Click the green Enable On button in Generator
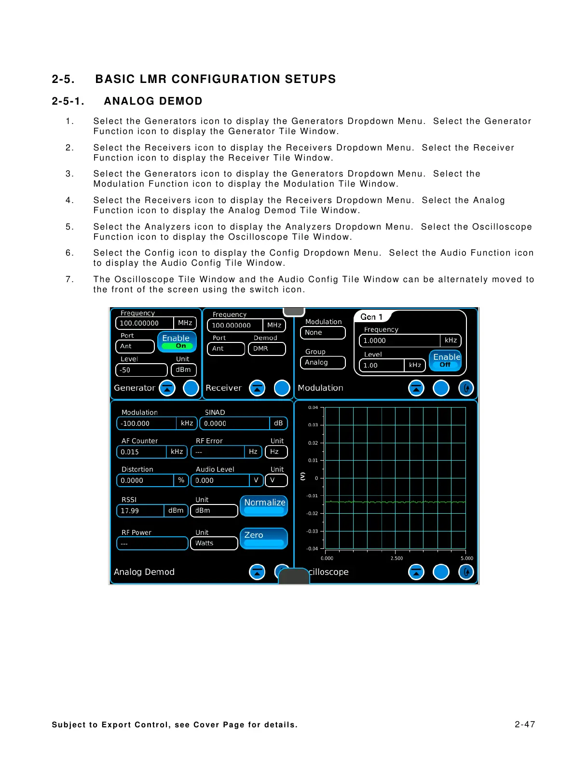177,341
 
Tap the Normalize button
264,505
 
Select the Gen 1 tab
372,317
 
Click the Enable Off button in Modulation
445,360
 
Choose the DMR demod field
266,349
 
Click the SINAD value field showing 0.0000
234,423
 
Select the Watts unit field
214,543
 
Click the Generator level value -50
141,370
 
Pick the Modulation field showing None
322,333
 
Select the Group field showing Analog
322,362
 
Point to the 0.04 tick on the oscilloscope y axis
313,408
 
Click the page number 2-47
525,724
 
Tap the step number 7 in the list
69,279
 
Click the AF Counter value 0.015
142,452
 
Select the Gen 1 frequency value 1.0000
399,341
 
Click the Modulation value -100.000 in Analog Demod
147,423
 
